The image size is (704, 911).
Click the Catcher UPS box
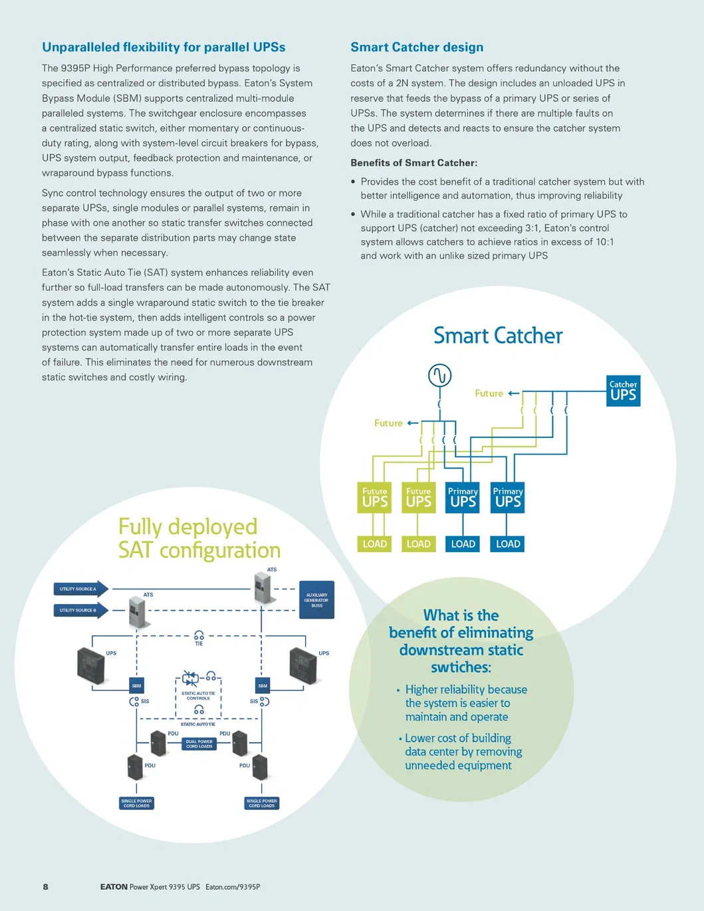[624, 391]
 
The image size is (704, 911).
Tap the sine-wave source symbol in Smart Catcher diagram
[439, 375]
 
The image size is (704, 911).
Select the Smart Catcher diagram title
[498, 336]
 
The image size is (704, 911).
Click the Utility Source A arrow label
[79, 589]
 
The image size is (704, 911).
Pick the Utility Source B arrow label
[79, 610]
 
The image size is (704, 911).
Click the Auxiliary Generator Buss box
[316, 600]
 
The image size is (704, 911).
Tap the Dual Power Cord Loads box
[199, 744]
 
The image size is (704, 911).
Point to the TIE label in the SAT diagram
[199, 643]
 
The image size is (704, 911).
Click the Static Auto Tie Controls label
[198, 696]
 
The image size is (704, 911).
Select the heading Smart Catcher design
[417, 47]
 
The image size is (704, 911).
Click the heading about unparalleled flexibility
[164, 47]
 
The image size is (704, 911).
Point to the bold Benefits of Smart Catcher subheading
[413, 163]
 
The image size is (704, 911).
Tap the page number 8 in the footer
[45, 886]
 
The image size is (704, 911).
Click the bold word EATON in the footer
[114, 886]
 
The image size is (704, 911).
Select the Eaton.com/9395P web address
[233, 886]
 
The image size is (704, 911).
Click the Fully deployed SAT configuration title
[199, 538]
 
